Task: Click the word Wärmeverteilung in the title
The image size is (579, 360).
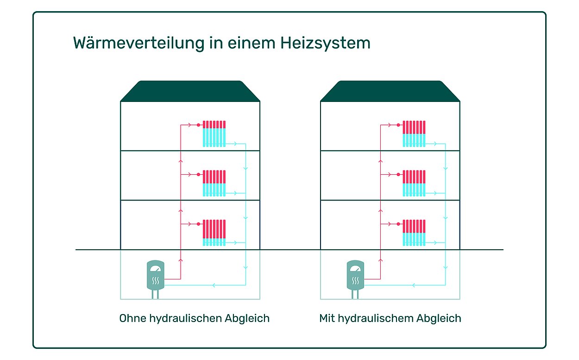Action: click(x=139, y=43)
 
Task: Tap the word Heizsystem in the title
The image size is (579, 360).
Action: click(x=325, y=43)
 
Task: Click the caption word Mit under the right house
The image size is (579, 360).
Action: click(x=327, y=318)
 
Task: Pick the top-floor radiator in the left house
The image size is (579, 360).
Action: click(x=214, y=134)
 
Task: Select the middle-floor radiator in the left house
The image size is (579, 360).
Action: click(x=214, y=183)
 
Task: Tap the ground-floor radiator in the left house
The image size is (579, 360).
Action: click(x=214, y=233)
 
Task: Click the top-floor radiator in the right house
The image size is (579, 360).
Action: click(x=414, y=134)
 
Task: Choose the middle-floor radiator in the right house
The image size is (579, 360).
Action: click(x=414, y=183)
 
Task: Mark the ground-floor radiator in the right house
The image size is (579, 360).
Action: click(x=414, y=233)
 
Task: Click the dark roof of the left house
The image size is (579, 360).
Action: click(x=190, y=91)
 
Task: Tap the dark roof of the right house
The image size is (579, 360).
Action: click(x=390, y=91)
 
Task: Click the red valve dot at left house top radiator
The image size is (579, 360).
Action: click(x=199, y=125)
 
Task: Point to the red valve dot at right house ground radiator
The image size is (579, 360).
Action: click(x=398, y=224)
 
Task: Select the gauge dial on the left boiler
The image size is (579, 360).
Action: click(x=155, y=268)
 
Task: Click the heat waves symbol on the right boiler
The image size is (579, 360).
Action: click(x=355, y=281)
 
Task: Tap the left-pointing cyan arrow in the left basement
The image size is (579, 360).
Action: click(x=214, y=285)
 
